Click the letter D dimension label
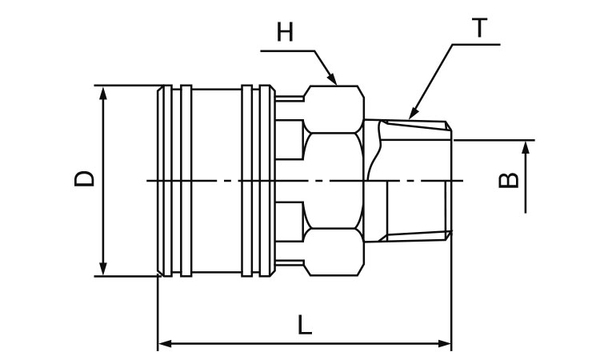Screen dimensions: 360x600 click(x=84, y=177)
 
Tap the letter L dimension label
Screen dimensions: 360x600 click(x=304, y=325)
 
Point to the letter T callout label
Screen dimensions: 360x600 click(x=479, y=28)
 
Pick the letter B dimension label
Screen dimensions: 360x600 click(x=507, y=179)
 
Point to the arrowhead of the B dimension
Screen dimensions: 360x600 click(x=526, y=146)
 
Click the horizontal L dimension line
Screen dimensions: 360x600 click(x=304, y=345)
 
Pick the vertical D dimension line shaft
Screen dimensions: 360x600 click(x=102, y=208)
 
